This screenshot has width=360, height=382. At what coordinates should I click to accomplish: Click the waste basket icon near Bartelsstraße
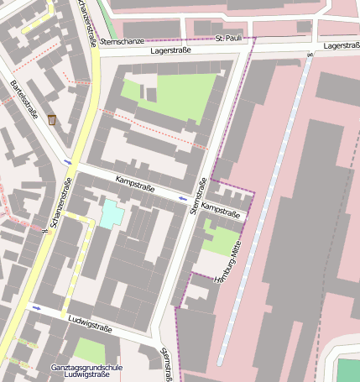[x=52, y=120]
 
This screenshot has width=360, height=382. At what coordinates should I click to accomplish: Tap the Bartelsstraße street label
[x=26, y=104]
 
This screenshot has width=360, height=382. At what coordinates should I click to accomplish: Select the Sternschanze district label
[x=122, y=40]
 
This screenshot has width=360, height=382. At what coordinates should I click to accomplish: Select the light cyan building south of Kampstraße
[x=111, y=213]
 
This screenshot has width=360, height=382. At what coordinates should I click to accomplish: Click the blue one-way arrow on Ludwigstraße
[x=36, y=308]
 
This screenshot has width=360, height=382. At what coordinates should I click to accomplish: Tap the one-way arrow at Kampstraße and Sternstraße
[x=183, y=199]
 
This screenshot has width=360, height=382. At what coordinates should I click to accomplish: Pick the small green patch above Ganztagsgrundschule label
[x=90, y=350]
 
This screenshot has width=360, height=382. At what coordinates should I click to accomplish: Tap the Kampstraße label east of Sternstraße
[x=222, y=210]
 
